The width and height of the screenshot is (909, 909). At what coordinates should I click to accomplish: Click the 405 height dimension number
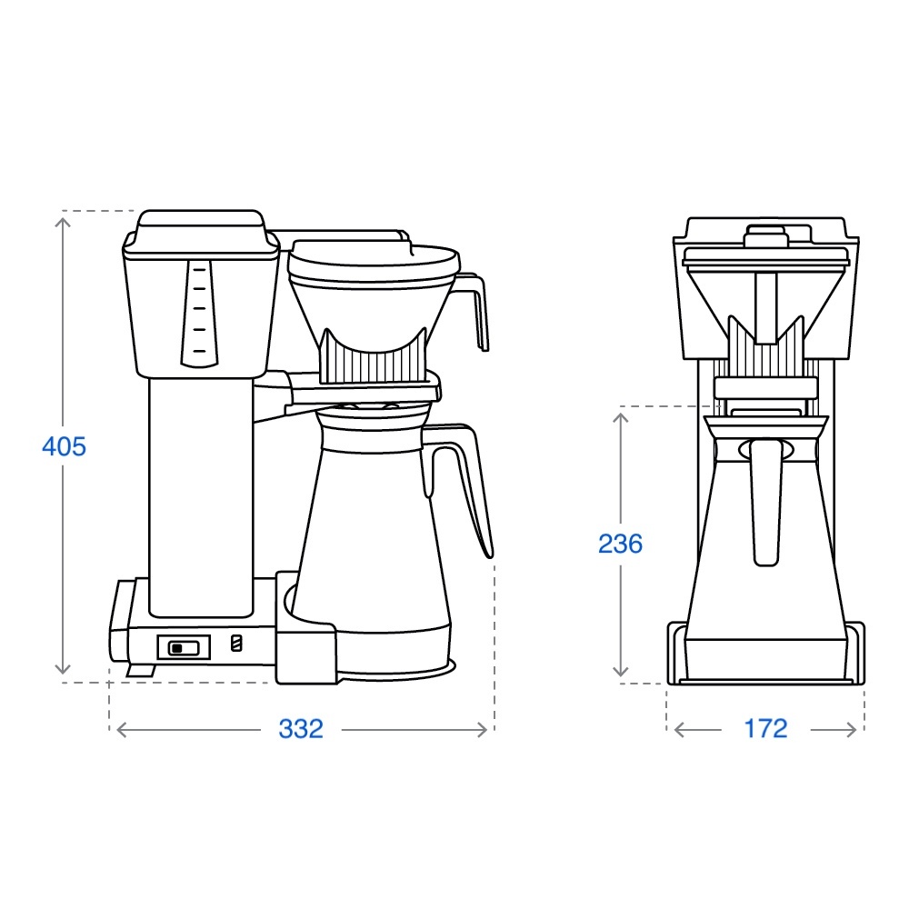click(64, 447)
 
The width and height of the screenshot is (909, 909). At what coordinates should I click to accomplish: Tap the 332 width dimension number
click(301, 729)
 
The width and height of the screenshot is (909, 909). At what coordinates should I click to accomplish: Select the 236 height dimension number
click(620, 544)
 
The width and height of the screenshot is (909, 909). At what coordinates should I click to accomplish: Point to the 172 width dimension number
click(765, 729)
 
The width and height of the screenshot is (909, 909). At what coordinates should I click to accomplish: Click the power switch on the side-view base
click(184, 647)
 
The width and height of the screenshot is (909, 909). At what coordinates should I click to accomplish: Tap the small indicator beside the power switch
click(236, 643)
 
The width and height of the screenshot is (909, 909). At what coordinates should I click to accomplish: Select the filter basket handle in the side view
click(472, 312)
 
